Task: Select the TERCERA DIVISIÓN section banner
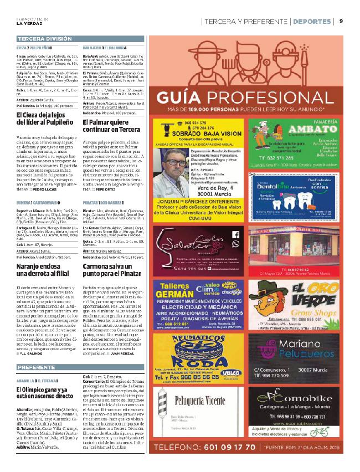coord(44,39)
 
